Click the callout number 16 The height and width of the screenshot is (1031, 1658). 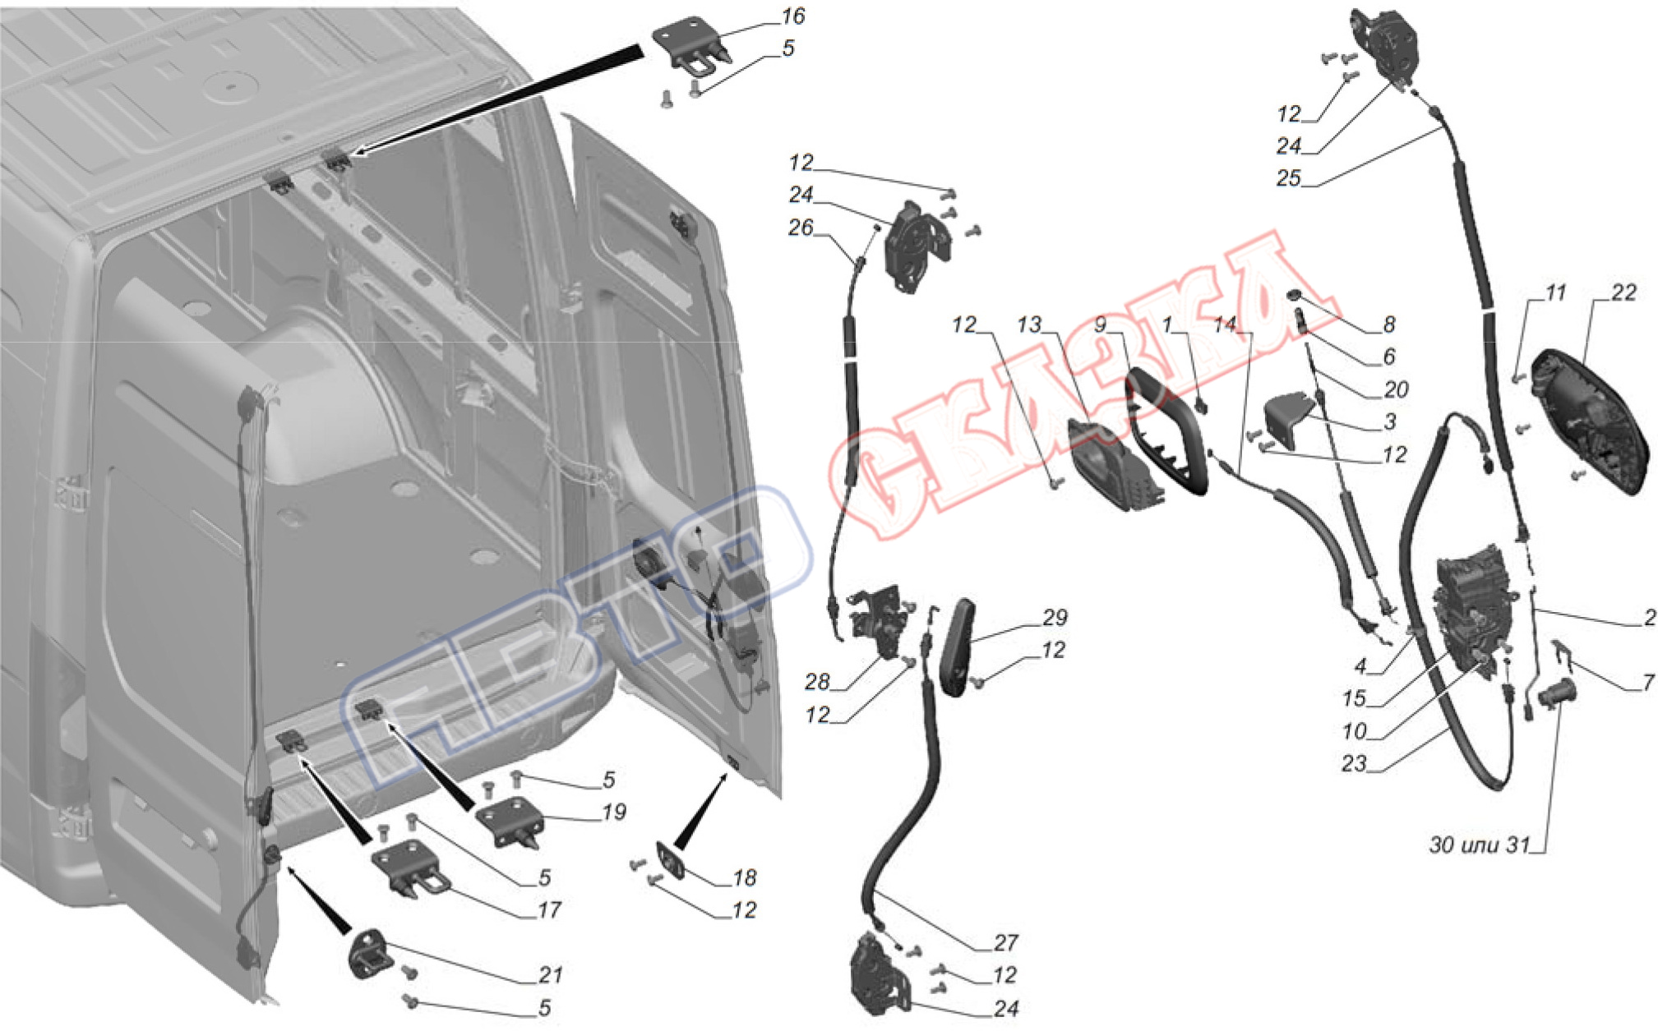click(792, 16)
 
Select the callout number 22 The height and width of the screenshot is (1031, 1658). click(1623, 292)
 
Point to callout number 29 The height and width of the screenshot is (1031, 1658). click(1054, 618)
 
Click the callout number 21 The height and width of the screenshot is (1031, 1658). click(550, 975)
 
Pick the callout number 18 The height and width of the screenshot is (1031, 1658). click(743, 878)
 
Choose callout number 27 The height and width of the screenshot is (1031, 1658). click(1005, 942)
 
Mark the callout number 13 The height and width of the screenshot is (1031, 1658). click(1028, 325)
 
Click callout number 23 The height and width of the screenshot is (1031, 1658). click(1353, 764)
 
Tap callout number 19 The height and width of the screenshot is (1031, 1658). click(613, 812)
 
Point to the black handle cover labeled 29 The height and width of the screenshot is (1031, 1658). click(957, 647)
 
